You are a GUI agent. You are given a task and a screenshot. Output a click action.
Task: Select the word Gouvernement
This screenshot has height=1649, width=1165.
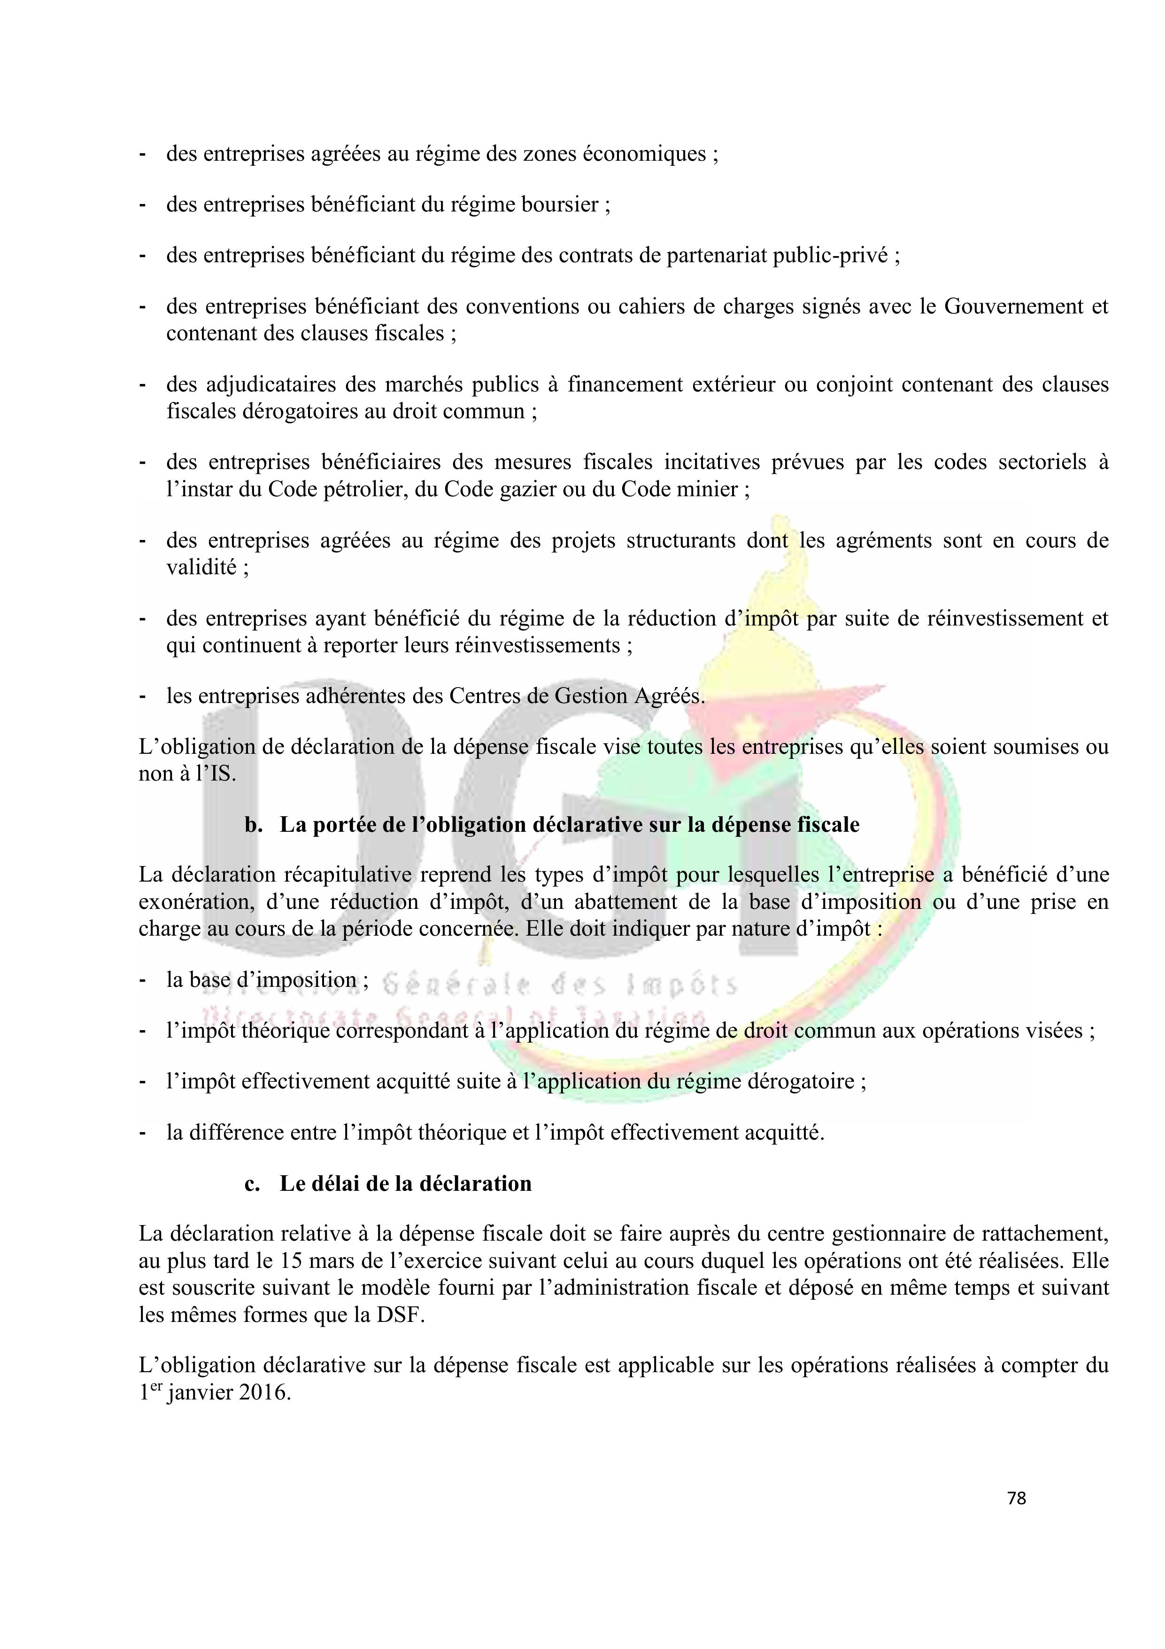1015,307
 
